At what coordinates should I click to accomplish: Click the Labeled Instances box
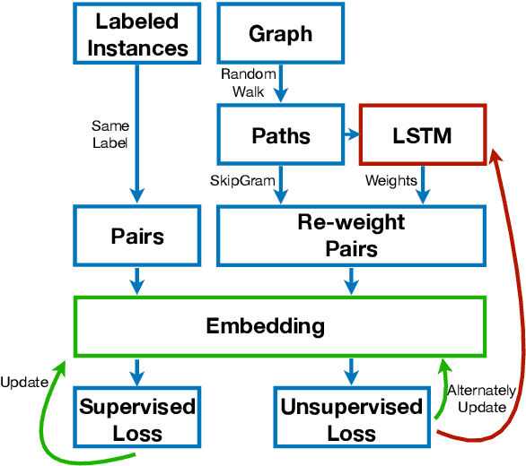(137, 35)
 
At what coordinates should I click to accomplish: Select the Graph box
(279, 35)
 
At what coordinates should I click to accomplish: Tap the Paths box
(279, 135)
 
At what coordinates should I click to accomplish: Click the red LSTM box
(423, 135)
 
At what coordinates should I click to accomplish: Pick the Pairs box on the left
(137, 237)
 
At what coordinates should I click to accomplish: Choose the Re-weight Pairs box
(351, 237)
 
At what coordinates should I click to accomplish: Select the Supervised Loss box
(137, 419)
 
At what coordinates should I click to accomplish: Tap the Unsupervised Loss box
(351, 419)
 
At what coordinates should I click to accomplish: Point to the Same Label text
(110, 134)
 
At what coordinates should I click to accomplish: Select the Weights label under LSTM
(390, 182)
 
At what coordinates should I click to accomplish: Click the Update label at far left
(23, 383)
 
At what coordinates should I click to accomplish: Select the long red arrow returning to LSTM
(518, 296)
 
